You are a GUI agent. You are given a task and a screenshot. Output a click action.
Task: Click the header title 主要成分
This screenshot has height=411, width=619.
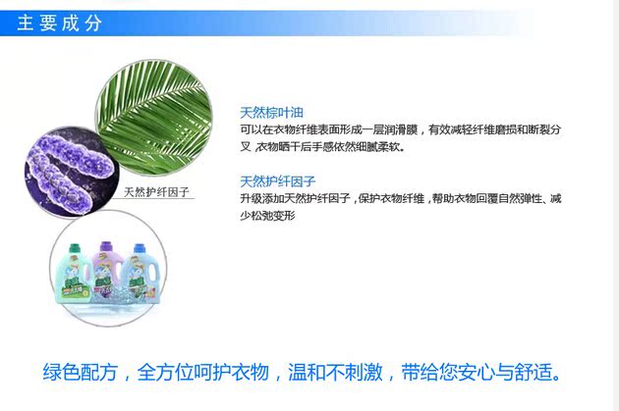click(60, 23)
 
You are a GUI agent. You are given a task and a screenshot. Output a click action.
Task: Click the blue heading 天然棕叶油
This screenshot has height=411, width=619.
click(271, 113)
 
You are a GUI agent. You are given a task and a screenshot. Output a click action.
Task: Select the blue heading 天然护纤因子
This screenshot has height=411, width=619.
click(277, 181)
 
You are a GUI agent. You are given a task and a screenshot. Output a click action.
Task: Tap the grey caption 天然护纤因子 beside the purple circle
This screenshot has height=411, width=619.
click(157, 192)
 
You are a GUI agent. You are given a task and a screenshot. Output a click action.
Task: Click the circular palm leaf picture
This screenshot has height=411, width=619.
click(153, 118)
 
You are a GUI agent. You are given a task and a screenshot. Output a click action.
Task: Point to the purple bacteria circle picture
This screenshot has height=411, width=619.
click(71, 172)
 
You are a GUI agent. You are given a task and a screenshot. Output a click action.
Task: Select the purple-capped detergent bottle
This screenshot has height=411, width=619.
click(106, 272)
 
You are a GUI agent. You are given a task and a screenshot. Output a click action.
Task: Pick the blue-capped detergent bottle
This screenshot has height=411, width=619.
click(140, 273)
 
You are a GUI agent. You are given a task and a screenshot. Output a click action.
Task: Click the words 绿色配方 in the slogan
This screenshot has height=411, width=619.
click(81, 372)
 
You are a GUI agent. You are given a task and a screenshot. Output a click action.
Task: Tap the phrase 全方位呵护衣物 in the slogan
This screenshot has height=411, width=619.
click(203, 372)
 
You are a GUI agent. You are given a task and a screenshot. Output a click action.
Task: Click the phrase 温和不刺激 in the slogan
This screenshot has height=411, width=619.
click(335, 372)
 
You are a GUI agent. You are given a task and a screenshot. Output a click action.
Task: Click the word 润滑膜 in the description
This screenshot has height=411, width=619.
click(401, 129)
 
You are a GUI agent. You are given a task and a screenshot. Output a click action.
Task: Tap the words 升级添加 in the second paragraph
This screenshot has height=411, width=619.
click(262, 198)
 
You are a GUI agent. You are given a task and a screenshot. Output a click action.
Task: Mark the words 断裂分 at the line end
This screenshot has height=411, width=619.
click(544, 129)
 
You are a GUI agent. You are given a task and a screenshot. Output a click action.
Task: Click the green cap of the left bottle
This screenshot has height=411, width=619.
click(75, 248)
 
